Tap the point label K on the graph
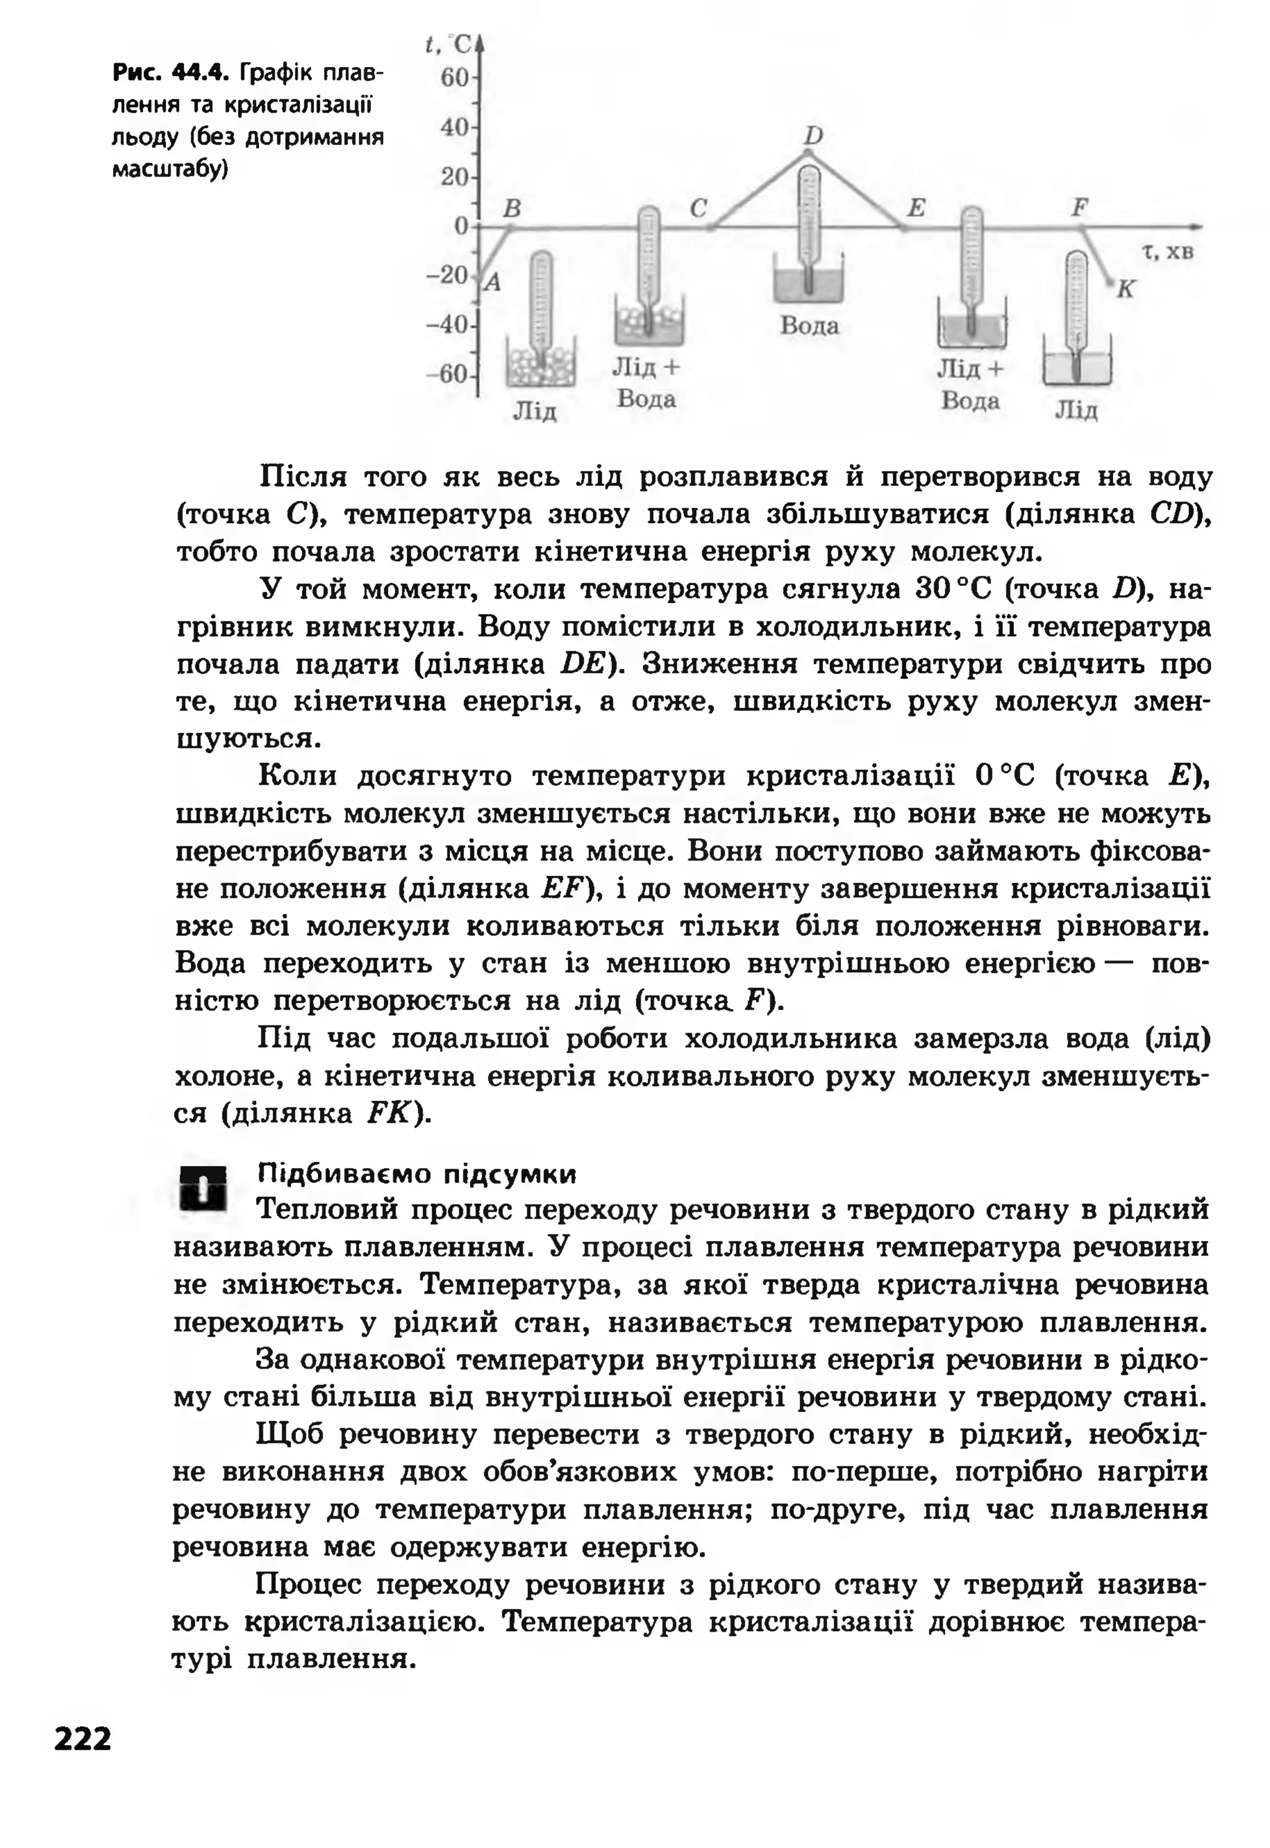coord(1124,290)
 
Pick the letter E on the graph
coord(916,208)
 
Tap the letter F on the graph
coord(1079,208)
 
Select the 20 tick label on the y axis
coord(455,177)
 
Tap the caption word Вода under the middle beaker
coord(809,326)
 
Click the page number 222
coord(82,1739)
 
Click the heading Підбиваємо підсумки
coord(417,1174)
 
